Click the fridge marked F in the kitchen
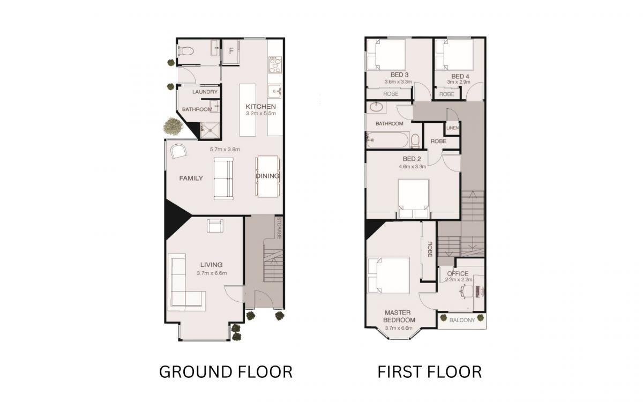tap(231, 51)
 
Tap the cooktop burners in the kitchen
tap(275, 65)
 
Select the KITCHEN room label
tap(260, 107)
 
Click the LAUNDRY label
tap(205, 92)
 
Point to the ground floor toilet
tap(186, 51)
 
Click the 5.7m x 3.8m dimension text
tap(225, 150)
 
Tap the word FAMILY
tap(191, 178)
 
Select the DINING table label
tap(267, 176)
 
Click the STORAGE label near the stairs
tap(279, 228)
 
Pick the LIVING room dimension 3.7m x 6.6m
tap(212, 273)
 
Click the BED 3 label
tap(399, 75)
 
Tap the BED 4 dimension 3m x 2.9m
tap(459, 82)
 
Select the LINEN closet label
tap(452, 128)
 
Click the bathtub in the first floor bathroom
tap(387, 140)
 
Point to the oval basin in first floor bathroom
tap(376, 107)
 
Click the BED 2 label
tap(412, 159)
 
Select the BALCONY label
tap(462, 320)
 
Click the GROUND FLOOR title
tap(226, 372)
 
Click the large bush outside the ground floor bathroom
tap(173, 126)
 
